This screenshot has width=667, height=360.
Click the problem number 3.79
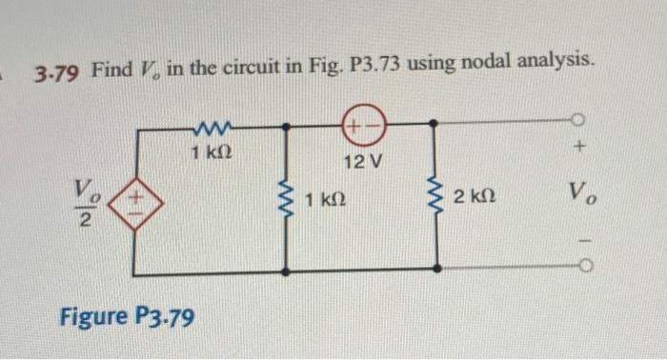tap(59, 71)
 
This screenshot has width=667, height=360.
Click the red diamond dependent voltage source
tap(137, 203)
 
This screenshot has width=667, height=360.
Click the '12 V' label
tap(361, 161)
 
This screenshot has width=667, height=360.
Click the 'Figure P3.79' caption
tap(128, 314)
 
